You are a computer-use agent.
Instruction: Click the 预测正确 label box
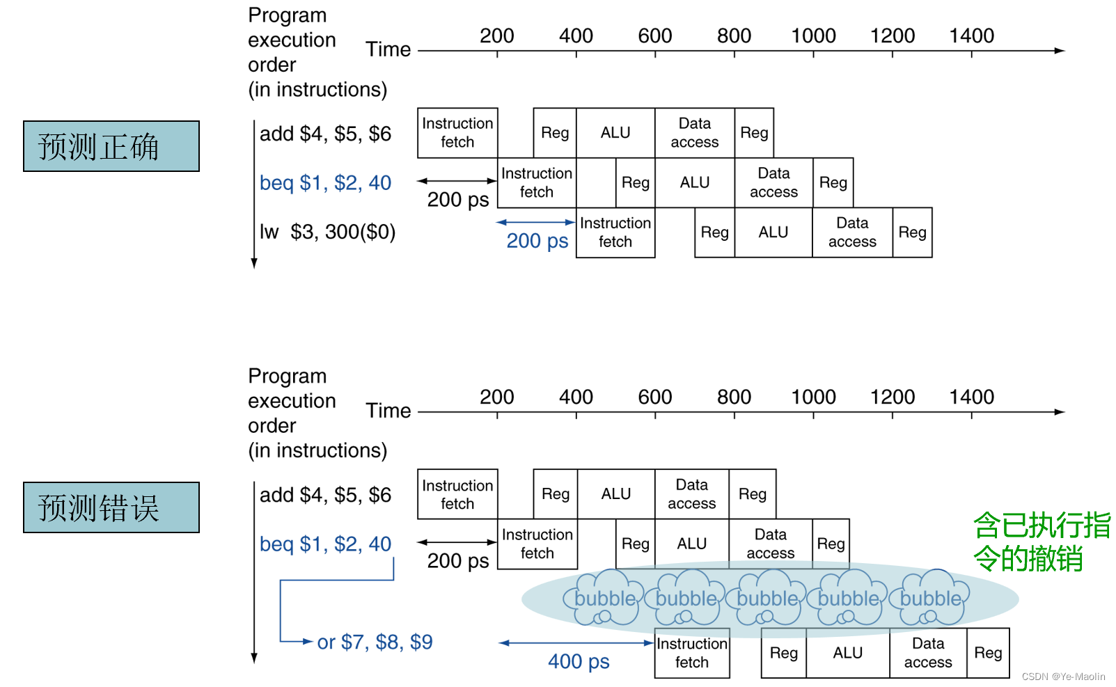click(111, 146)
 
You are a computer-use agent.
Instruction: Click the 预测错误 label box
click(111, 507)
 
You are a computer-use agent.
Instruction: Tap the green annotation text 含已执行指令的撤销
click(1041, 542)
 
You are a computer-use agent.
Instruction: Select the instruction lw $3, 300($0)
click(327, 232)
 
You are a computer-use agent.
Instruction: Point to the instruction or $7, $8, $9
click(375, 642)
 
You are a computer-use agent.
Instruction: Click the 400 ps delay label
click(579, 661)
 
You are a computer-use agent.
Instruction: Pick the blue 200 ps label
click(537, 241)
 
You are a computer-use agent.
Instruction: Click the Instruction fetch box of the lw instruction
click(615, 232)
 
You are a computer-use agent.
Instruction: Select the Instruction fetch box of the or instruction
click(692, 653)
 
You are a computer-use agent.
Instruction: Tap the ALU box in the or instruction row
click(847, 653)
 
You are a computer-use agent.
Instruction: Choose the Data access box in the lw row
click(852, 232)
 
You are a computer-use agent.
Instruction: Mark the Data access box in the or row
click(928, 653)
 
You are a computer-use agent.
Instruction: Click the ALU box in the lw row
click(773, 232)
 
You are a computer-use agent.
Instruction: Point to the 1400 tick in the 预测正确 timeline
click(971, 36)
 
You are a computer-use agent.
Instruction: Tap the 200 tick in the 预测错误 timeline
click(497, 397)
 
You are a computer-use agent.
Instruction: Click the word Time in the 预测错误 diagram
click(388, 411)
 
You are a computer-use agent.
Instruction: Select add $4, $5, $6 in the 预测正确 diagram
click(325, 134)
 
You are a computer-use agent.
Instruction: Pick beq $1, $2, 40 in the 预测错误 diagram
click(325, 544)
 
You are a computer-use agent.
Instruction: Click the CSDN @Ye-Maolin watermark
click(1063, 677)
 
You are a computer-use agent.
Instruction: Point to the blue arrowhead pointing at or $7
click(308, 642)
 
